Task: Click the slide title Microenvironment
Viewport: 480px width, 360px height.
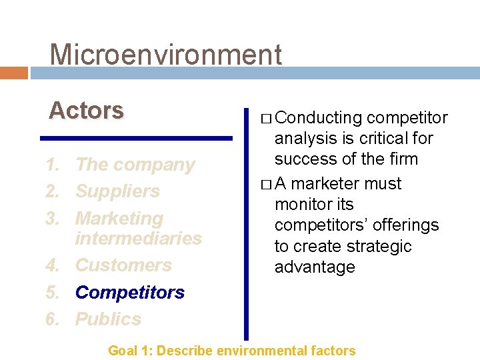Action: [166, 55]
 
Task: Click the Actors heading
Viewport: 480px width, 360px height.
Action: [86, 110]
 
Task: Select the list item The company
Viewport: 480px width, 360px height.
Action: [135, 165]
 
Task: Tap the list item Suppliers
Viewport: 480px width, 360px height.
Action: [117, 191]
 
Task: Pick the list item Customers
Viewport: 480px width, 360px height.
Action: [123, 265]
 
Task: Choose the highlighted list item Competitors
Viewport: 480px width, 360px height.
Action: [130, 292]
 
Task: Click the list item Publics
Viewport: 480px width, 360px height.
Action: [108, 319]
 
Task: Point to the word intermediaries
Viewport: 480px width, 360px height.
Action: [139, 238]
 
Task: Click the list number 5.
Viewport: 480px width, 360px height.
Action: [53, 292]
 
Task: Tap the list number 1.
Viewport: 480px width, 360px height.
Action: [53, 165]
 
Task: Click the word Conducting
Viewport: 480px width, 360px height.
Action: [319, 118]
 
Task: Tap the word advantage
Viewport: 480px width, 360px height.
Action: [315, 267]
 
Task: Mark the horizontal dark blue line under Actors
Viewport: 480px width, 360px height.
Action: [136, 138]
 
